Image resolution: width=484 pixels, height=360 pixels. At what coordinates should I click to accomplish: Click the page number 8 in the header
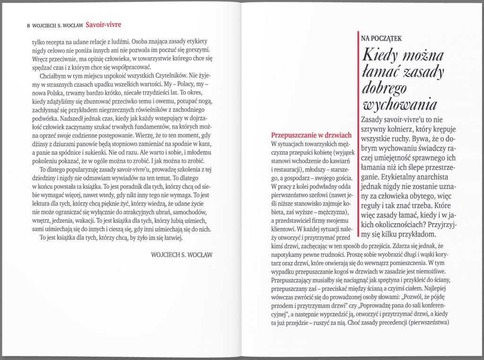(x=29, y=26)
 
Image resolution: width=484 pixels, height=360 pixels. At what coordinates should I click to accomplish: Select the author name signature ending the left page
(x=181, y=255)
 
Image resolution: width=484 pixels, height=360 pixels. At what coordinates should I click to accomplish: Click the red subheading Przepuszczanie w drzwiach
(x=311, y=135)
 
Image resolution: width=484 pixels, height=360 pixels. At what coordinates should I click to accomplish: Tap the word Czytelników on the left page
(x=167, y=75)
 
